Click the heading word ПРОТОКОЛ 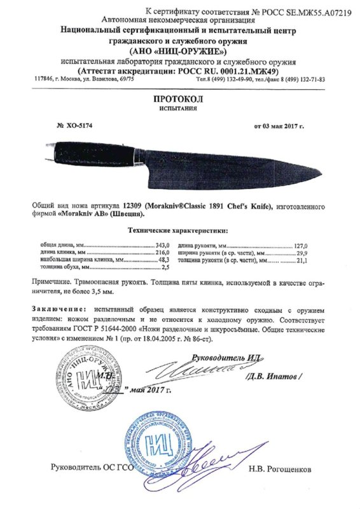coord(179,100)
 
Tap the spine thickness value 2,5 coord(167,268)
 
